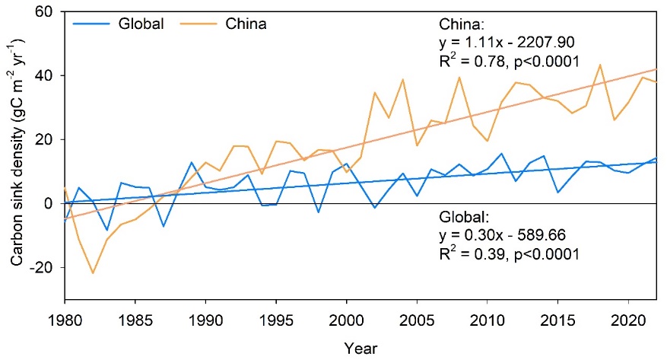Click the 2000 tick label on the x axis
[x=347, y=317]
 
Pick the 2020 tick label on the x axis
[x=629, y=317]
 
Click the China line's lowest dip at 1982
[x=93, y=273]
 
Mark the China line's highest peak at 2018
[x=601, y=65]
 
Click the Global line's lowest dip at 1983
[x=107, y=231]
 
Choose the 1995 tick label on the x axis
[x=276, y=317]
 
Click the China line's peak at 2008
[x=459, y=77]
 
